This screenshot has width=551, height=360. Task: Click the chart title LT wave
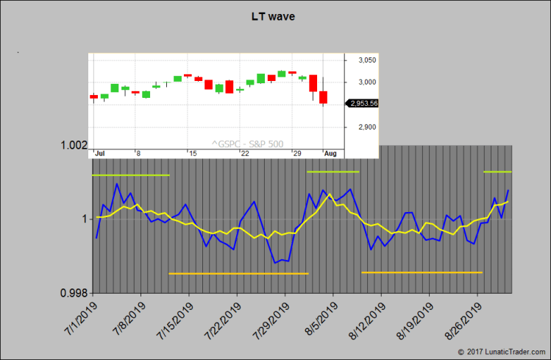point(274,16)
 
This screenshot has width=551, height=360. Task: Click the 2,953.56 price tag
point(361,104)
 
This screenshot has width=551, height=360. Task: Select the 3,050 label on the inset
point(367,60)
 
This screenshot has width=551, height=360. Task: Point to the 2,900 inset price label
point(367,127)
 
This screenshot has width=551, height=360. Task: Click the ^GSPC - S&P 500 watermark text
point(246,144)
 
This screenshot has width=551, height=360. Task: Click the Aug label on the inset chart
point(330,152)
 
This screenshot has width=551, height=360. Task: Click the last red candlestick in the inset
point(323,97)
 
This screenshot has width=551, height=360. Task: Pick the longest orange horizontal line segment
point(238,274)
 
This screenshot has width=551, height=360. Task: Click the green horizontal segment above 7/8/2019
point(130,175)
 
